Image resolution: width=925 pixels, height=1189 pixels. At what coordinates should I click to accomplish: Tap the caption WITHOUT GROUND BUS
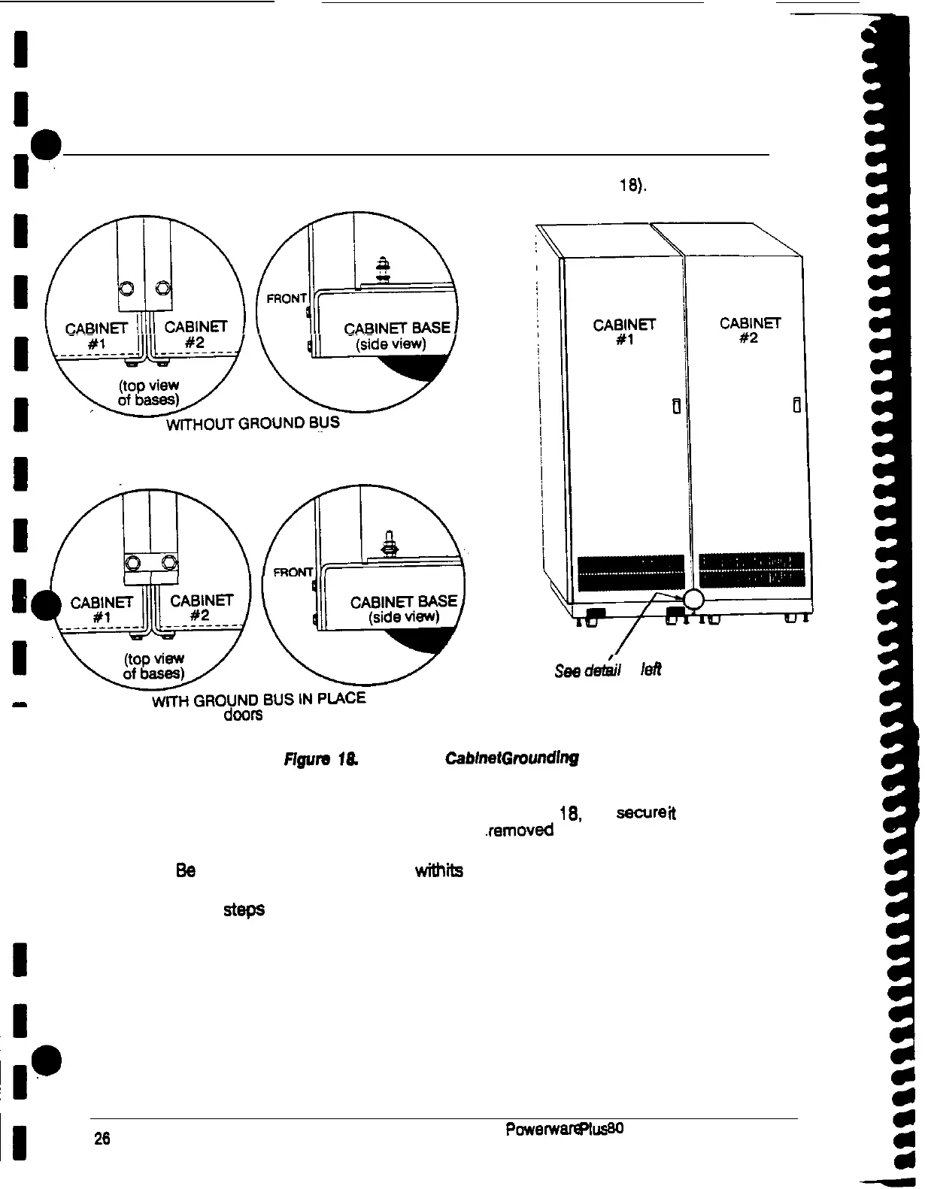click(x=253, y=423)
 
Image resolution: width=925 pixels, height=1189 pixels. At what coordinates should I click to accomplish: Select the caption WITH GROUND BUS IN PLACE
click(x=259, y=700)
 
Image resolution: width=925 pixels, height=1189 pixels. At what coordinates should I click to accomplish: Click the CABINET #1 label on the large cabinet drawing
click(x=624, y=331)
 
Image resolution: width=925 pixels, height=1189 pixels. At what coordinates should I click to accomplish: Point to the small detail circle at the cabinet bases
click(x=692, y=599)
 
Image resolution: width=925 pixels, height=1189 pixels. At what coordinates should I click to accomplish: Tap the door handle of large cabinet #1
click(x=676, y=407)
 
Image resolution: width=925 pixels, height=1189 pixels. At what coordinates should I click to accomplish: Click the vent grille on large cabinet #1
click(x=630, y=572)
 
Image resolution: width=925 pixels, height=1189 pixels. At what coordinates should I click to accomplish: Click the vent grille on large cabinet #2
click(x=751, y=570)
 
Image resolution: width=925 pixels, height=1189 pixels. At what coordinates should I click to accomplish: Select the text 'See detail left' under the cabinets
click(x=608, y=670)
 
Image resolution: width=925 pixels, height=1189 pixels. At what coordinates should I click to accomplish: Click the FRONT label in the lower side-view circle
click(x=293, y=572)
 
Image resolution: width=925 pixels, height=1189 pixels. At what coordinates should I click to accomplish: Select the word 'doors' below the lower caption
click(x=243, y=716)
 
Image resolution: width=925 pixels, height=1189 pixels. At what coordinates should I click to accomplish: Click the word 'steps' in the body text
click(x=244, y=909)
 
